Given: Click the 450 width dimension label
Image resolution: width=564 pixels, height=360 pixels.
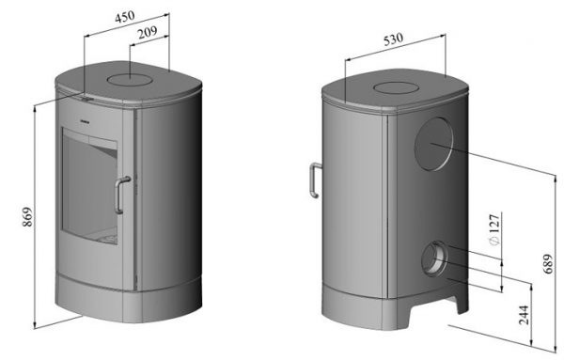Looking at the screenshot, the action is pos(125,17).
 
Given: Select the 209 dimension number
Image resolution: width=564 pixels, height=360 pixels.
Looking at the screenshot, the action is pos(148,33).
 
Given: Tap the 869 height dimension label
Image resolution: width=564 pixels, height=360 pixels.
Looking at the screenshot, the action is pos(27,217).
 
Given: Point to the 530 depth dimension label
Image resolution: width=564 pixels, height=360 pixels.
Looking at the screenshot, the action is pos(394,39).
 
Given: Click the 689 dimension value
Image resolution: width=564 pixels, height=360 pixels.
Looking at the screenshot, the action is pos(547,264).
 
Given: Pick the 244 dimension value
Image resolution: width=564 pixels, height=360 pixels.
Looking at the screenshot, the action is pos(525,315).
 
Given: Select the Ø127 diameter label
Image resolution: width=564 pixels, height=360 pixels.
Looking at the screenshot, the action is pos(494,229).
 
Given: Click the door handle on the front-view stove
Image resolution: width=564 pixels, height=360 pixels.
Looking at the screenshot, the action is pos(121,196).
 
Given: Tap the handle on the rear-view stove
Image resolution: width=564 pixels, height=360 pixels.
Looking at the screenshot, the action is pos(314,180).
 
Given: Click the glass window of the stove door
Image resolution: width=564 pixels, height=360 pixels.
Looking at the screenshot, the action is pos(89,186).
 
